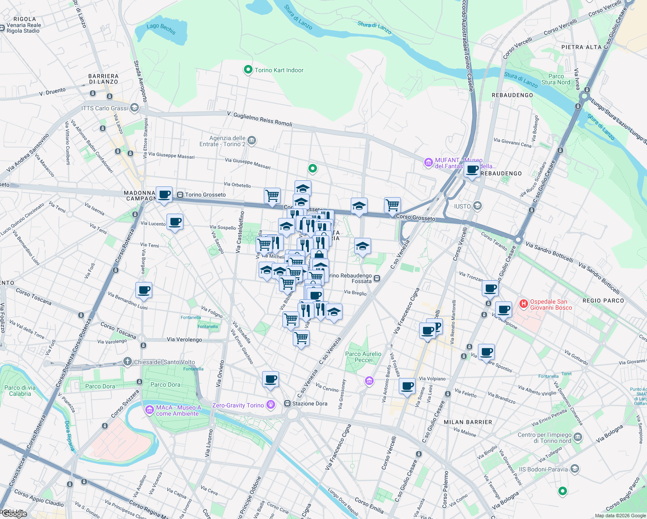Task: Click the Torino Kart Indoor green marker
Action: (x=248, y=70)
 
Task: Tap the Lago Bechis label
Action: (x=161, y=29)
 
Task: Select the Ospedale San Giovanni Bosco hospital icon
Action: (x=523, y=304)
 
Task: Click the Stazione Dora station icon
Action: (x=287, y=404)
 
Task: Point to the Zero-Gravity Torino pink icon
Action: (x=271, y=405)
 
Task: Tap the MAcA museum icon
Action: (x=149, y=410)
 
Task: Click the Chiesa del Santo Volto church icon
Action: (x=127, y=362)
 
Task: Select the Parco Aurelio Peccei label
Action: (x=363, y=357)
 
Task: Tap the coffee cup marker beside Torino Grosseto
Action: (x=164, y=195)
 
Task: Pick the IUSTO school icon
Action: (x=477, y=206)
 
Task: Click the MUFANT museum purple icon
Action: (x=428, y=163)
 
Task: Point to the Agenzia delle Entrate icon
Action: (x=252, y=141)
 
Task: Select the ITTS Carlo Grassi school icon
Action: (x=135, y=108)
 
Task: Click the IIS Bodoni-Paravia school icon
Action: (x=574, y=469)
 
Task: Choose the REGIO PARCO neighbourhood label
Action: (x=603, y=301)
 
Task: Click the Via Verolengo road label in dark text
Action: (x=184, y=340)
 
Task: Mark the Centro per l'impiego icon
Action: (x=578, y=438)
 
